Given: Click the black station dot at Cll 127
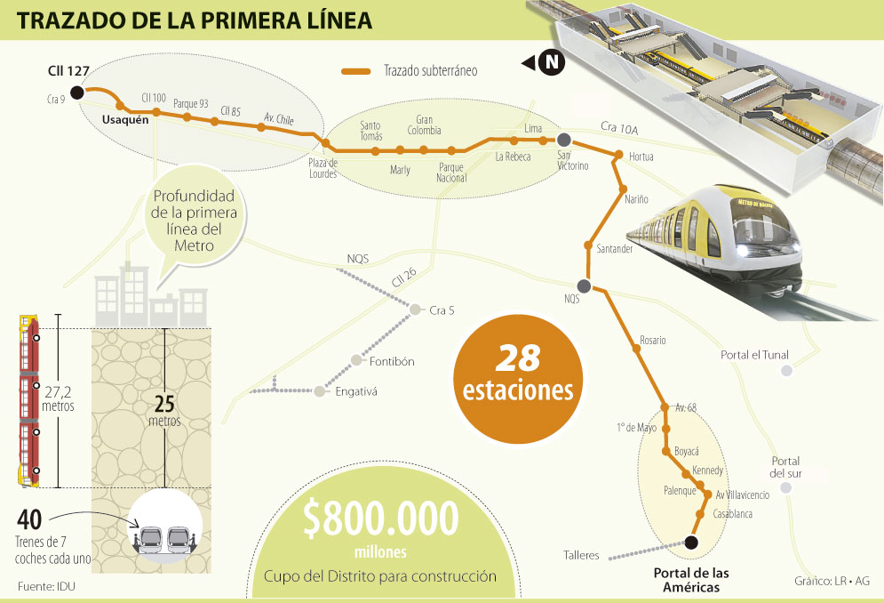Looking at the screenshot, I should pos(77,92).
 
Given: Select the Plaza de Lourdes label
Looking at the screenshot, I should pos(323,168).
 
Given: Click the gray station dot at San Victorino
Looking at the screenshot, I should pos(563,139).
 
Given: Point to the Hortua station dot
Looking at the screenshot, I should pos(618,157).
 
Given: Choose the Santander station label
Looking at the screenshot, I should pos(615,249).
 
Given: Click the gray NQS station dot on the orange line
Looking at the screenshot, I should pos(584,285).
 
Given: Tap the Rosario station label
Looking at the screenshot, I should pos(652,341).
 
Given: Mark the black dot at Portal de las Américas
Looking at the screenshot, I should pos(693,541).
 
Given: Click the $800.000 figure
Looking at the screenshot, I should pos(380,519).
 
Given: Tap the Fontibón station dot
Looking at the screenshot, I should pos(356,360).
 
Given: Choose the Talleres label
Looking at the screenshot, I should pos(581,556).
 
